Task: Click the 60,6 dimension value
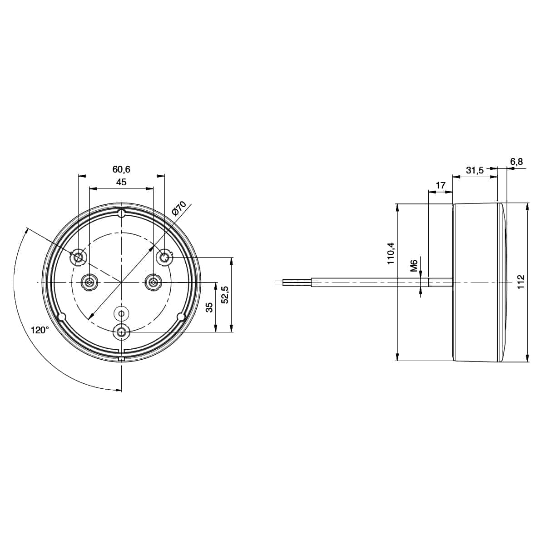(121, 169)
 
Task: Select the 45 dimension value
(121, 182)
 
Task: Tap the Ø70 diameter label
(179, 208)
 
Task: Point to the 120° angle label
(40, 330)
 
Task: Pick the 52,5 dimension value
(225, 294)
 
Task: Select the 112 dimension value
(520, 282)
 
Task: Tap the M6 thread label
(414, 266)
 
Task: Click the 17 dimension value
(441, 186)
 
